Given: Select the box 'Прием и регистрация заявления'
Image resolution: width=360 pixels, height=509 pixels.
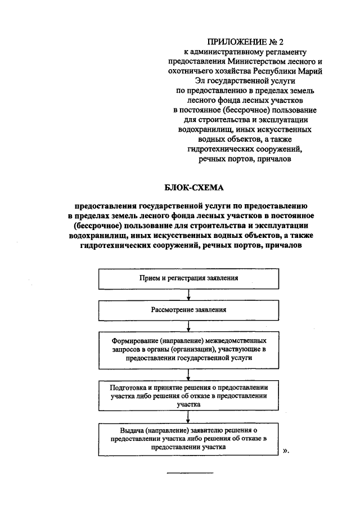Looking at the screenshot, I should [x=189, y=278].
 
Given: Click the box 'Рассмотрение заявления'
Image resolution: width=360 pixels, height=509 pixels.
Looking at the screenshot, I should [x=189, y=310].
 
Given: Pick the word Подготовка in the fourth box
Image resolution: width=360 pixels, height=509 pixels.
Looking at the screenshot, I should [x=132, y=388].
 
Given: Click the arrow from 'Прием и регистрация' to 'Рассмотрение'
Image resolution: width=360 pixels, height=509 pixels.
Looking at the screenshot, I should [x=189, y=294].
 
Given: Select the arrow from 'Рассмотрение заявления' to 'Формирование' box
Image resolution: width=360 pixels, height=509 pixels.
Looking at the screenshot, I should [x=189, y=326].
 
